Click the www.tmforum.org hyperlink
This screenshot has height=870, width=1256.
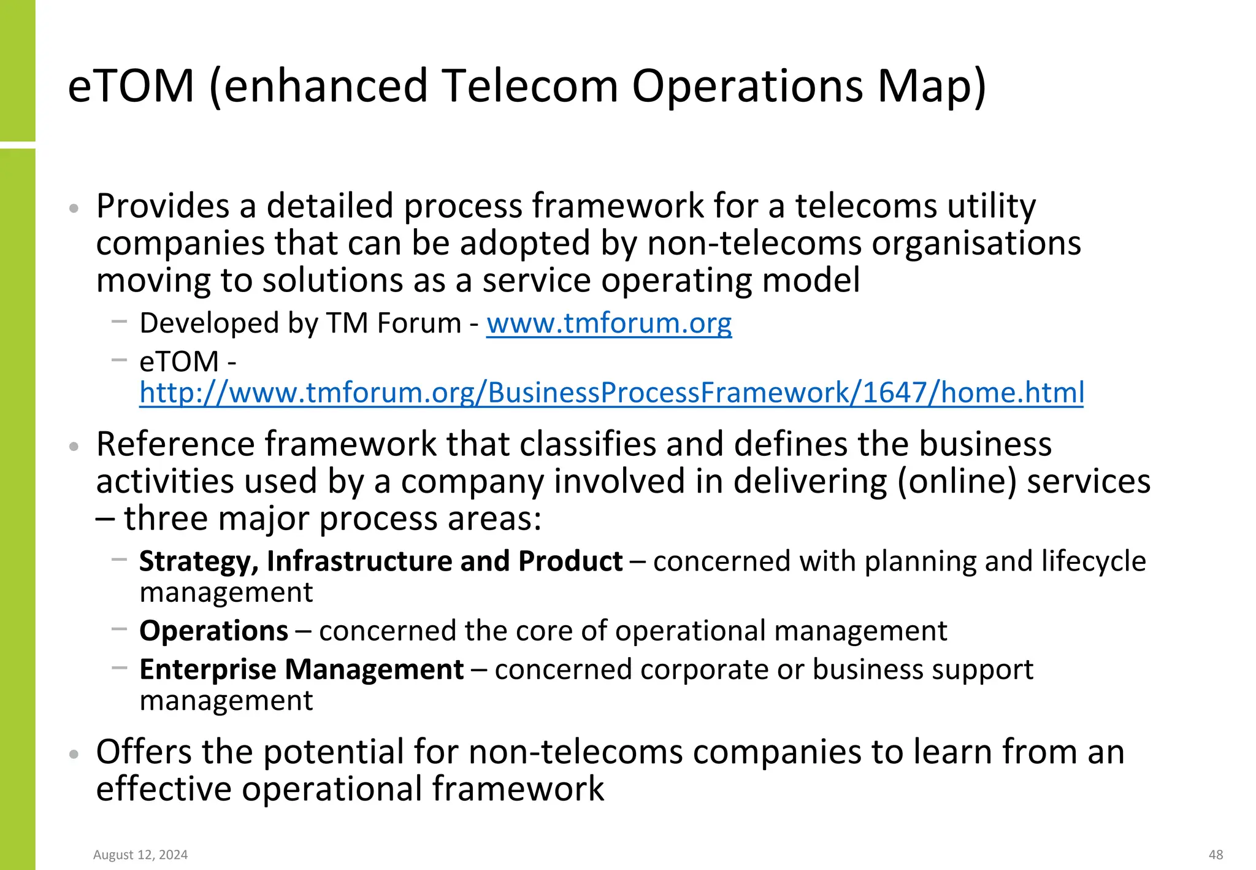(609, 323)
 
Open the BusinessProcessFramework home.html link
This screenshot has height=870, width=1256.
(611, 393)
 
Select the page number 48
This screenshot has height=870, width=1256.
(1216, 855)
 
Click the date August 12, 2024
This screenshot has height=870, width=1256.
(140, 855)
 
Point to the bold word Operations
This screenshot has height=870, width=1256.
(213, 631)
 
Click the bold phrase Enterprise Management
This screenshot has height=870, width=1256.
(301, 669)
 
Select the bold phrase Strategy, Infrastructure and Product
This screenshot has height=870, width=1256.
(381, 561)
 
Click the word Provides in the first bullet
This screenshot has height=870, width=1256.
(162, 206)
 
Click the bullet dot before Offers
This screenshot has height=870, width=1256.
(74, 754)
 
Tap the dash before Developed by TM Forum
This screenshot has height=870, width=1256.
(120, 320)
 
